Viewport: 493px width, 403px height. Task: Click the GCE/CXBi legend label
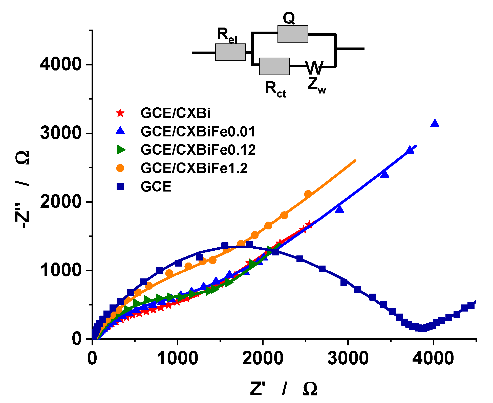coord(175,113)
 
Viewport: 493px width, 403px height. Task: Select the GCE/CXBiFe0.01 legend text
coord(198,131)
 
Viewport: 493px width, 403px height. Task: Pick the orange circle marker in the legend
coord(120,168)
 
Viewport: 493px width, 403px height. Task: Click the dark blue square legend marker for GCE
coord(120,186)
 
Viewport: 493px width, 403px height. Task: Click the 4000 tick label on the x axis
coord(433,358)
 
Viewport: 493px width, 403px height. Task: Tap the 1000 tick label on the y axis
coord(60,270)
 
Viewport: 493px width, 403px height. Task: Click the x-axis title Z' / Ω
coord(283,389)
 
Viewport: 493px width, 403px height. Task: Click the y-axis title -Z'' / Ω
coord(23,189)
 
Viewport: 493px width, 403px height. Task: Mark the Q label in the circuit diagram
coord(289,18)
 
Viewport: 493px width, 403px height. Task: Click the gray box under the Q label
coord(293,34)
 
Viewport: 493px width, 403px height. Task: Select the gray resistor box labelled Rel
coord(230,52)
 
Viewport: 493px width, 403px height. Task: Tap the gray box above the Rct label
coord(274,66)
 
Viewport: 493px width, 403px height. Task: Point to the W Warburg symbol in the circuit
coord(314,67)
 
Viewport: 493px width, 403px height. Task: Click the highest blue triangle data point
coord(435,123)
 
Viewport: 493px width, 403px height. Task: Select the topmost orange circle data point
coord(308,194)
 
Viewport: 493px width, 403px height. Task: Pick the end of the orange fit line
coord(355,160)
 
